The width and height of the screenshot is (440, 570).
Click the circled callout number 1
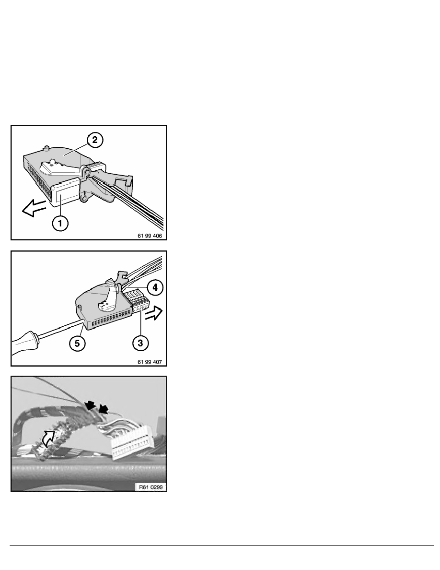pyautogui.click(x=60, y=223)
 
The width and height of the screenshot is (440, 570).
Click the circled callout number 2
pyautogui.click(x=95, y=140)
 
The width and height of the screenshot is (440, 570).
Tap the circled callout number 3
pyautogui.click(x=140, y=343)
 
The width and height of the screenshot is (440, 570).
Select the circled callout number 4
pyautogui.click(x=155, y=287)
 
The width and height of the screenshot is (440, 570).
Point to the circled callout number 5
pyautogui.click(x=77, y=343)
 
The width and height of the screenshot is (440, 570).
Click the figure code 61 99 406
pyautogui.click(x=150, y=236)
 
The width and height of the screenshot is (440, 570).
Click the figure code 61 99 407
pyautogui.click(x=150, y=362)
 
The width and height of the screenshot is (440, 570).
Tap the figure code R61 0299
pyautogui.click(x=151, y=487)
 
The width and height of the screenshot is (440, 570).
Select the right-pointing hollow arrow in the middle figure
pyautogui.click(x=154, y=313)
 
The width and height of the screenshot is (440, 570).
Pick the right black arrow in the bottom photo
pyautogui.click(x=104, y=409)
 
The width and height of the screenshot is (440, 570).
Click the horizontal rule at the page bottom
pyautogui.click(x=222, y=545)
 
